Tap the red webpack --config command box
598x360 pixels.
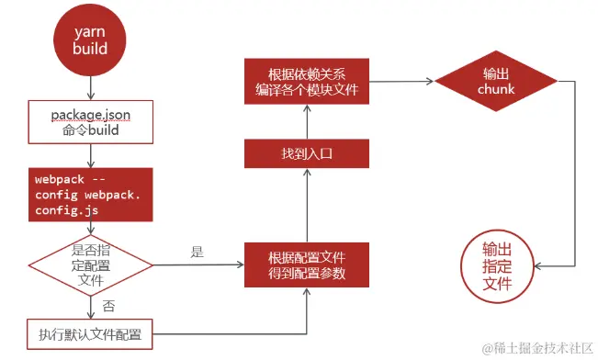pyautogui.click(x=90, y=192)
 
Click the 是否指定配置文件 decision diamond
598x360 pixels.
pyautogui.click(x=90, y=264)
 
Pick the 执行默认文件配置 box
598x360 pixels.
pyautogui.click(x=90, y=333)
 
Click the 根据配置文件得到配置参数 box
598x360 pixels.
pyautogui.click(x=307, y=265)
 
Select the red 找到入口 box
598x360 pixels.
pyautogui.click(x=307, y=153)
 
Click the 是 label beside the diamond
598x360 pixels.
pyautogui.click(x=196, y=252)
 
